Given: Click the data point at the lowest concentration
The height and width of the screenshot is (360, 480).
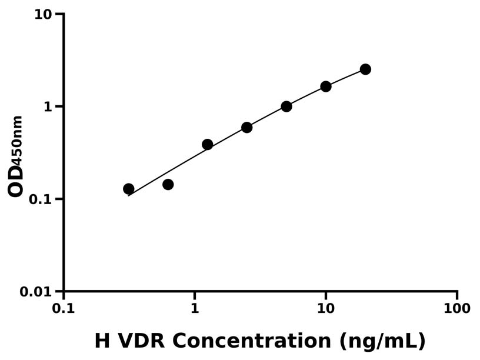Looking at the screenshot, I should (x=129, y=189).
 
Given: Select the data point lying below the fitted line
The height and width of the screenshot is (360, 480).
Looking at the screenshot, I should (x=168, y=185).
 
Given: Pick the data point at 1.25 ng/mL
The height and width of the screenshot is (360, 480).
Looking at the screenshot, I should (x=208, y=145).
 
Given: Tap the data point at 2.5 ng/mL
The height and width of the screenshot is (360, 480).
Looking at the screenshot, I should (x=247, y=128).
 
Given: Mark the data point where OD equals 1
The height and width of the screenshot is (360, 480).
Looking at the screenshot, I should (x=286, y=106).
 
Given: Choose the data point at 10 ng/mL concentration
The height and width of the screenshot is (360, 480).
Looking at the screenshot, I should (x=326, y=86).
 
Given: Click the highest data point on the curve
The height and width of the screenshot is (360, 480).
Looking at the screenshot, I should (x=365, y=69).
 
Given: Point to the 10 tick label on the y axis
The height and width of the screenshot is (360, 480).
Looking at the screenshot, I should (x=43, y=14).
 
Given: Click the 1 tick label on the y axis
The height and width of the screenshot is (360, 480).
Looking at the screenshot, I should (x=49, y=106).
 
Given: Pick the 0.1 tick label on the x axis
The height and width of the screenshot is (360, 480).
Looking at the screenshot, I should (x=64, y=309).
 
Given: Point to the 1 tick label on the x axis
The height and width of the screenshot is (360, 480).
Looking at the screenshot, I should (x=195, y=309).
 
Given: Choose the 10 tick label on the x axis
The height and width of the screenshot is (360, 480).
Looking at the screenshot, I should (x=326, y=309).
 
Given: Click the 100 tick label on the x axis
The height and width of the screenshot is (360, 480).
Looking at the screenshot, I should (x=457, y=309).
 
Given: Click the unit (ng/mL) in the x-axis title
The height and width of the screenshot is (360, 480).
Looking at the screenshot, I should (x=382, y=342).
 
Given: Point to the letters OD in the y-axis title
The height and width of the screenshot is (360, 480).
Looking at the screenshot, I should (x=16, y=180).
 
